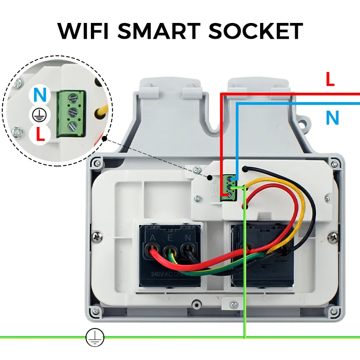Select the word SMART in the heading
[162, 31]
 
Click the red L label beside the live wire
[330, 80]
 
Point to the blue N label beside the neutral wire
[332, 118]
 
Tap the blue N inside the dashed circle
[40, 95]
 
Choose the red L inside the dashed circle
[40, 135]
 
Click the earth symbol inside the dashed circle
[39, 116]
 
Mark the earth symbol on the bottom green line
[95, 337]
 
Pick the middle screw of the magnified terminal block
[71, 112]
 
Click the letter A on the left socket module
[153, 238]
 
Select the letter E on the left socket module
[170, 238]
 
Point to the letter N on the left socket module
[186, 238]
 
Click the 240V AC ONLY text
[169, 274]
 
